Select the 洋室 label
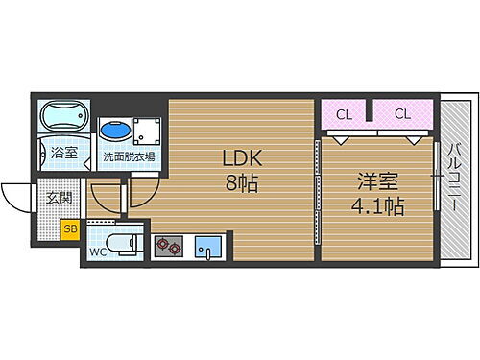tap(376, 180)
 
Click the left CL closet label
tap(343, 115)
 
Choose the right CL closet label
tap(401, 115)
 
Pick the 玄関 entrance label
tap(59, 198)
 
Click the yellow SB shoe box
tap(70, 228)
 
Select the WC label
tap(99, 252)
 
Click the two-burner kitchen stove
tap(168, 247)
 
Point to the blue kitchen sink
tap(206, 247)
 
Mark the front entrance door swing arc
tap(17, 198)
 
